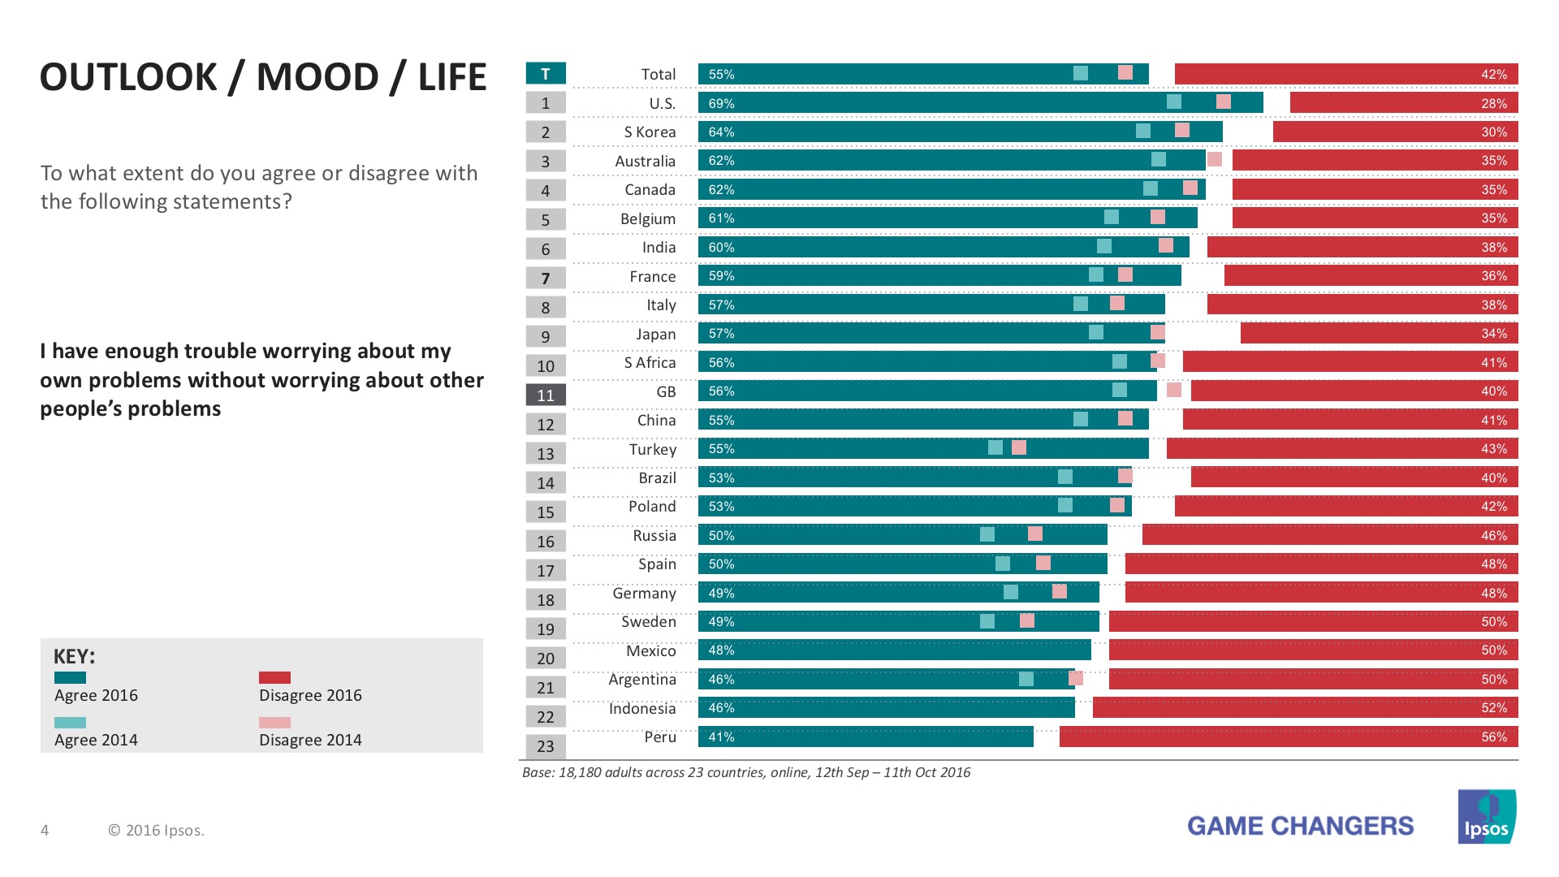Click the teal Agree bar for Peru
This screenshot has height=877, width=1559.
866,737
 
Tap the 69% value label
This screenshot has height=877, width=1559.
721,103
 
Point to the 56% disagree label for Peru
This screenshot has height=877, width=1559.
1493,737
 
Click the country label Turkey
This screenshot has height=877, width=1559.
652,449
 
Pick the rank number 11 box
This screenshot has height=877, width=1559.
546,395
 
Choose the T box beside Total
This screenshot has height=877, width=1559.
546,74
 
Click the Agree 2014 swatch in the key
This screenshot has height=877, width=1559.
70,722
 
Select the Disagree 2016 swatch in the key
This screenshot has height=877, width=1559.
274,677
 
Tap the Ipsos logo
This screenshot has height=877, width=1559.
1486,817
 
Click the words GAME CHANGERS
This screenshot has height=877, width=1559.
1300,826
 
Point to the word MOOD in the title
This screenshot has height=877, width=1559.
317,77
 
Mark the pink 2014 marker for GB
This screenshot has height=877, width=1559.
1174,390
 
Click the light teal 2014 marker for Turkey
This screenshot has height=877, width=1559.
995,447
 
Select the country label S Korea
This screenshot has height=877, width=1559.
650,132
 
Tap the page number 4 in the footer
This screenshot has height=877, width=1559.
45,830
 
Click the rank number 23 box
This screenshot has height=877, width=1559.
546,746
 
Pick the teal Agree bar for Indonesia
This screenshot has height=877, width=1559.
886,708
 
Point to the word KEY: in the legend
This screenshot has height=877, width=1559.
74,656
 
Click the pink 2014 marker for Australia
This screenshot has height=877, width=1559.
1215,159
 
